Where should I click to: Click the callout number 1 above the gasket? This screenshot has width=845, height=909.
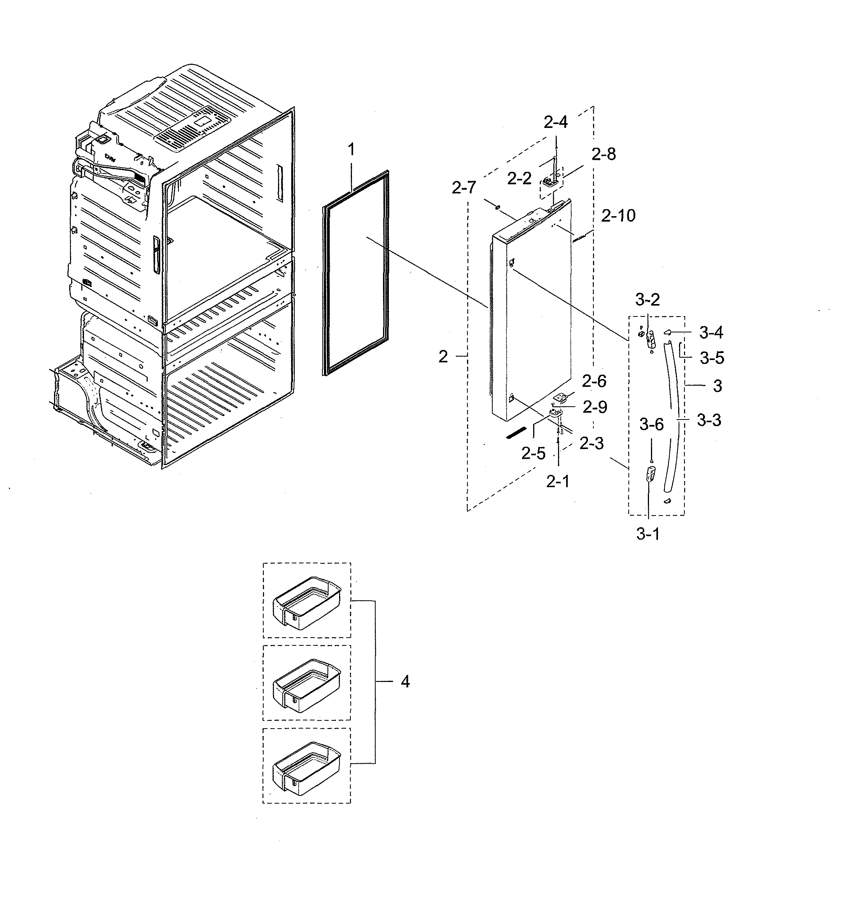coord(351,150)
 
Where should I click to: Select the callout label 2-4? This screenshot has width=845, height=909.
coord(556,122)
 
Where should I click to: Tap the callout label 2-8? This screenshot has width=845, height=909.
coord(604,155)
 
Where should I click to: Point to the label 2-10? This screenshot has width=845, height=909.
coord(618,215)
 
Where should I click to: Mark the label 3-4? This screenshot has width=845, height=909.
coord(711,333)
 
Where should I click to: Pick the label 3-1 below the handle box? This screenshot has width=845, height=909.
coord(648,534)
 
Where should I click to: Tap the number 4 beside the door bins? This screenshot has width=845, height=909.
coord(405,682)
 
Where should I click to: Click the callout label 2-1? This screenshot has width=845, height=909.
coord(558,481)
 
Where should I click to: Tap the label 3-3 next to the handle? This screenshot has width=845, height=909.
coord(709,420)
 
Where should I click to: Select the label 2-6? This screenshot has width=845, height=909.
coord(594,381)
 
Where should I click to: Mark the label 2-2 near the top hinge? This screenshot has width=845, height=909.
coord(520,178)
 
